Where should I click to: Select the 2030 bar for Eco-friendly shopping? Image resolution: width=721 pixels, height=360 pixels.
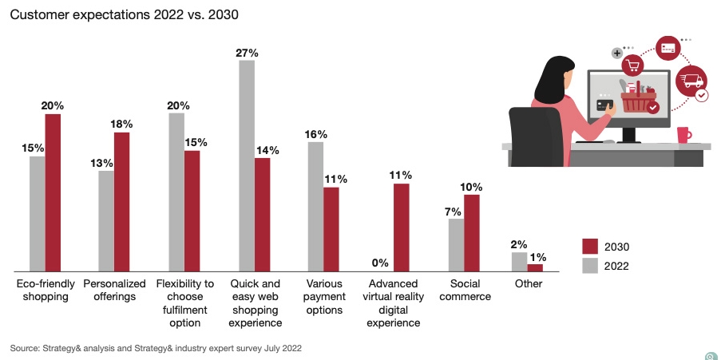coord(53,192)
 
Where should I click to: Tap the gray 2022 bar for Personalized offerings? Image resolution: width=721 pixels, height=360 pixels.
coord(106,220)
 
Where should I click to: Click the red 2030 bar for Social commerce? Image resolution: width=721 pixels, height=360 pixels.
coord(471,232)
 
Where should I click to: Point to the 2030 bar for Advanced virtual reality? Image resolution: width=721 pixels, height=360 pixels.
coord(401,227)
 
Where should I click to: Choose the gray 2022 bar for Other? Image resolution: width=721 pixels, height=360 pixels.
coord(519,261)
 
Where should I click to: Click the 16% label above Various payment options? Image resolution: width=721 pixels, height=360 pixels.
coord(315,134)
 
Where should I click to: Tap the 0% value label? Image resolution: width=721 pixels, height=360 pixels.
coord(380,263)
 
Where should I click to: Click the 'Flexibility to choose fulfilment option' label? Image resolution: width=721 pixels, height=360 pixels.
coord(184,303)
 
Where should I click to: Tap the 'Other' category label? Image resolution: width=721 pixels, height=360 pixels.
coord(528,284)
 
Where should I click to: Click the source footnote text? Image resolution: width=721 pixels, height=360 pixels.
coord(156,348)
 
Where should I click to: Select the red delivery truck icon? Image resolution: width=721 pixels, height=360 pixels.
coord(691,81)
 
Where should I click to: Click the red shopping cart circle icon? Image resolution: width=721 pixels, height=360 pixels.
coord(634,65)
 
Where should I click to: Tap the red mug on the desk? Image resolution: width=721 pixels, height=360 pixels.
coord(683,134)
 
